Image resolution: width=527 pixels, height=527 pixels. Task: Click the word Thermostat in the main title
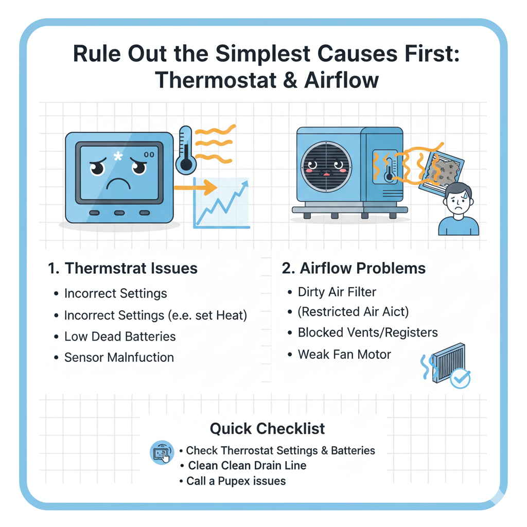(x=216, y=80)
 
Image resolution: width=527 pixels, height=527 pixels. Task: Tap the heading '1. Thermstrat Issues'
(x=122, y=268)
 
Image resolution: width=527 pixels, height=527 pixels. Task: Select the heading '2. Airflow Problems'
(x=354, y=268)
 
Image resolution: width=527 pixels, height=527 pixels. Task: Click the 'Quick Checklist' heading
(x=267, y=429)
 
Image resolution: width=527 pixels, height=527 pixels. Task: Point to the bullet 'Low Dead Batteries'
(x=120, y=337)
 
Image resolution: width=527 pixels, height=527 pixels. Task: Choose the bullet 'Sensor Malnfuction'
(x=119, y=357)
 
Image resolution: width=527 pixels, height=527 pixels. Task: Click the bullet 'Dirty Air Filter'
(x=337, y=292)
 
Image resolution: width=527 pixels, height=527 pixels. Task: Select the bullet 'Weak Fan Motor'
(x=344, y=354)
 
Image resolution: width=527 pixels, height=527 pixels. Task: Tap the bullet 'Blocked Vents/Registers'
(x=367, y=332)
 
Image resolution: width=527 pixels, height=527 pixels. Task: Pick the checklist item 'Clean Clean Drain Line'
(x=247, y=465)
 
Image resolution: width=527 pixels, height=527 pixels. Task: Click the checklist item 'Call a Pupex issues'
(x=236, y=481)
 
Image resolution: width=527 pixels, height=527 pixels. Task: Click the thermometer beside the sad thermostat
(x=186, y=150)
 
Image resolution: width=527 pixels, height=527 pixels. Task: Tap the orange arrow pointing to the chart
(x=195, y=187)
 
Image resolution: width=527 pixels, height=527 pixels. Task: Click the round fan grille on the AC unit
(x=326, y=167)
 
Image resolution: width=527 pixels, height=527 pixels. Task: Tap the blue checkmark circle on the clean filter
(x=460, y=378)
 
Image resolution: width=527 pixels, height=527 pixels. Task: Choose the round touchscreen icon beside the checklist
(x=162, y=452)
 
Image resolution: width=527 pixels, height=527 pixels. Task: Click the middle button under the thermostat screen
(x=119, y=213)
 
